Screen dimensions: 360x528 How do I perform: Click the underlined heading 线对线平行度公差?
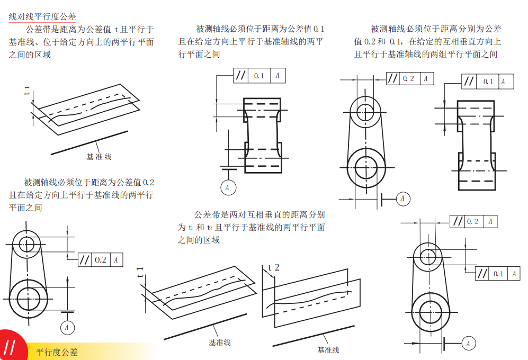[42, 17]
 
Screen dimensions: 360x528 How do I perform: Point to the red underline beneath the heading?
[42, 23]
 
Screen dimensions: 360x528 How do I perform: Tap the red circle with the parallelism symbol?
[10, 347]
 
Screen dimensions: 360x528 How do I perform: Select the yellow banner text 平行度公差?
[57, 352]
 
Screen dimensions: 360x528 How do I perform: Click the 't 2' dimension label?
[273, 268]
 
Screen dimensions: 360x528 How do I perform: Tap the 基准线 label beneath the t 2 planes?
[328, 350]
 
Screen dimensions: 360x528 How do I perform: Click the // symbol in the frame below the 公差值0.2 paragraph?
[85, 260]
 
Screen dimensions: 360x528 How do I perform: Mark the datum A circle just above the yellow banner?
[67, 327]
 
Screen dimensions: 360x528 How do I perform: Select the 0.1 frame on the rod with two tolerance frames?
[498, 274]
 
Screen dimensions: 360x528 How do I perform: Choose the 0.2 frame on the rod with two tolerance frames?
[473, 221]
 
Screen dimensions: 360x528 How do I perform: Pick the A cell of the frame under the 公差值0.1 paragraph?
[277, 76]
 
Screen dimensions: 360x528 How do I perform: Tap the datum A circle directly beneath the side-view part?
[227, 187]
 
